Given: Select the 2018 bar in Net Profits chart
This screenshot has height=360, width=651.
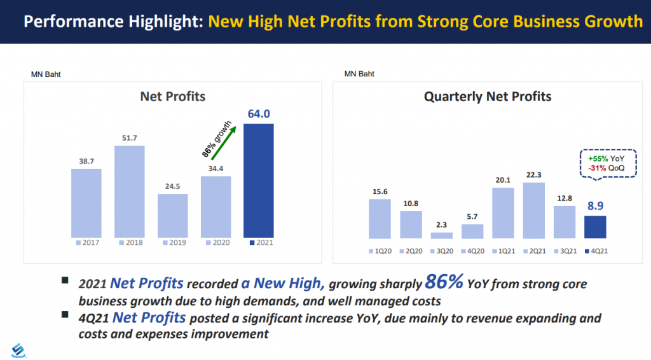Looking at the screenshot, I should pyautogui.click(x=130, y=191).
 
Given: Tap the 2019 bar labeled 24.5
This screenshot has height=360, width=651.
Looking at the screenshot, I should pyautogui.click(x=173, y=216).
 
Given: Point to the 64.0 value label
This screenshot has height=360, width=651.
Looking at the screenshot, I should pyautogui.click(x=258, y=114).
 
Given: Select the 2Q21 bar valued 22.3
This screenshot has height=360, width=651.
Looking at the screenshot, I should pyautogui.click(x=533, y=211).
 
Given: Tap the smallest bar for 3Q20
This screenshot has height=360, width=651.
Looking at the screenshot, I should pyautogui.click(x=442, y=235).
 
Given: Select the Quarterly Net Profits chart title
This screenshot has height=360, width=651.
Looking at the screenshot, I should pyautogui.click(x=488, y=97).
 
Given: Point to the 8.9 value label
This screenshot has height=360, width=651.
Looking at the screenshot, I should pyautogui.click(x=595, y=205).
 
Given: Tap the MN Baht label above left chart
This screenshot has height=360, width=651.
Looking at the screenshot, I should pyautogui.click(x=46, y=74).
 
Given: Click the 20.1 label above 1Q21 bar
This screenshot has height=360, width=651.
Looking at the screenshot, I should pyautogui.click(x=503, y=179).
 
